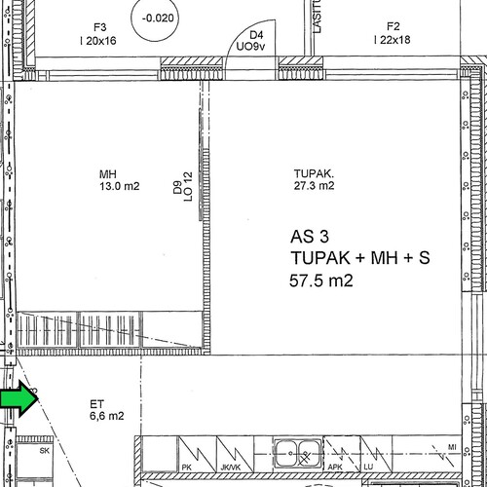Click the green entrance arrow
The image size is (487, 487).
point(19,398)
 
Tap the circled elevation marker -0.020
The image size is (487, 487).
point(155,19)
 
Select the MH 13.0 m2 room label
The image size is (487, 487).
point(120,180)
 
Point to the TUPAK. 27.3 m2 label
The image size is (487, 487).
point(314,179)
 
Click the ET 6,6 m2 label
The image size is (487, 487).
point(107,410)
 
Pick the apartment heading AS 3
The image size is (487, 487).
point(310,237)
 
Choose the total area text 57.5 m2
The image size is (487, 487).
point(321,281)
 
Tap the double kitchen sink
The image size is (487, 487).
point(298,453)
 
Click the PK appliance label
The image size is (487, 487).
point(186,468)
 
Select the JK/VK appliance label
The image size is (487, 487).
point(231,468)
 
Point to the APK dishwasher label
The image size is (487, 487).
point(335,467)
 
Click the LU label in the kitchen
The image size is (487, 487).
point(368,467)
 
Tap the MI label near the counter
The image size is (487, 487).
point(452,447)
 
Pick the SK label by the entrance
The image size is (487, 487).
point(45,451)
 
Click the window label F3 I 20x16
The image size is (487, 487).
point(98,34)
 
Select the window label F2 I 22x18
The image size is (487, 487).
point(393,33)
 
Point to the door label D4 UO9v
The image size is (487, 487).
point(251,41)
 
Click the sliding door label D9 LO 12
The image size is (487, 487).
point(182,187)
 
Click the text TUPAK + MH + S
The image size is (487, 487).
point(360,258)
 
